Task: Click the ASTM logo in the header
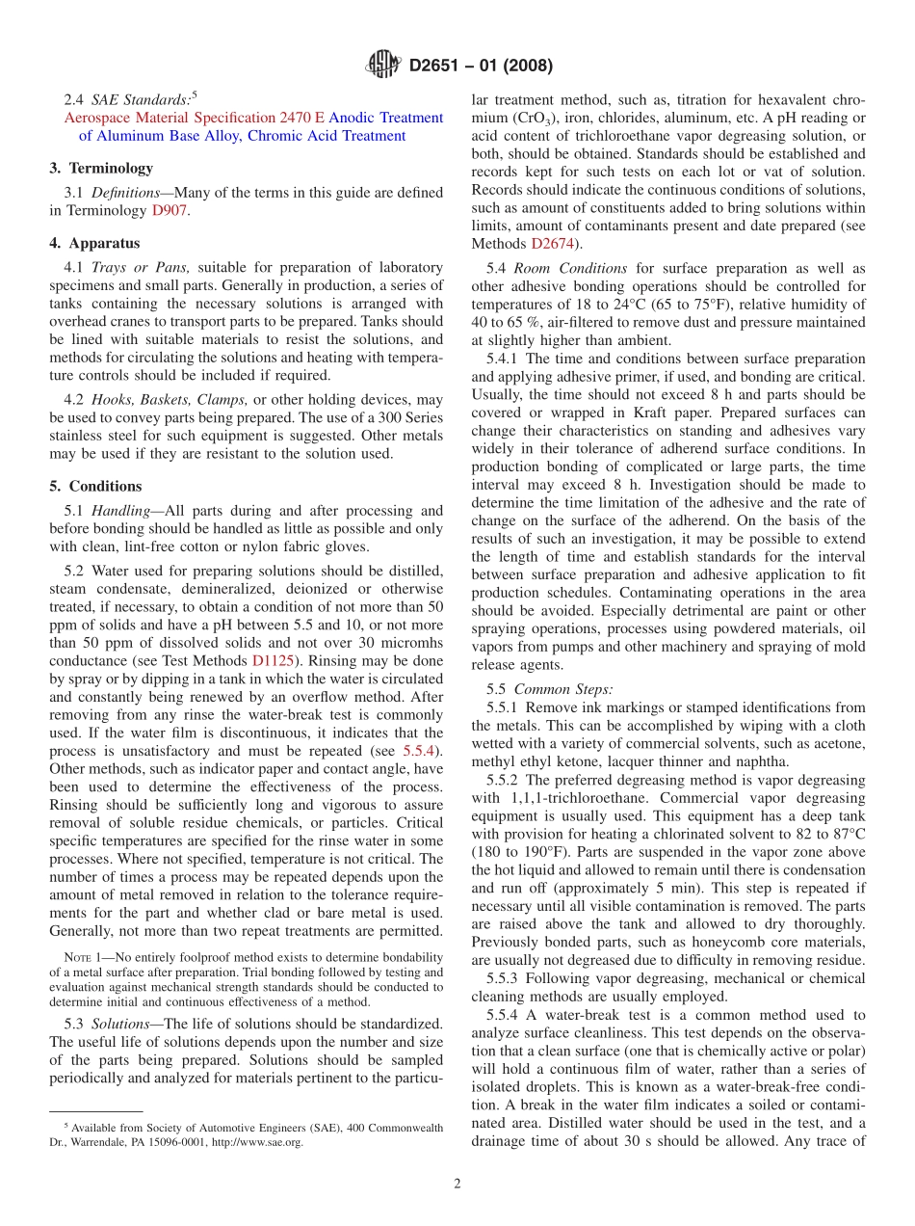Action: click(382, 67)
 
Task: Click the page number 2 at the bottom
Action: click(457, 1184)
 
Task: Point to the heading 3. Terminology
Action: click(101, 168)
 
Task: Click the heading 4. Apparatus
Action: click(94, 243)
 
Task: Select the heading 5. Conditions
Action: click(95, 486)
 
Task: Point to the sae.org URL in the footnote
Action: click(257, 1142)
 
